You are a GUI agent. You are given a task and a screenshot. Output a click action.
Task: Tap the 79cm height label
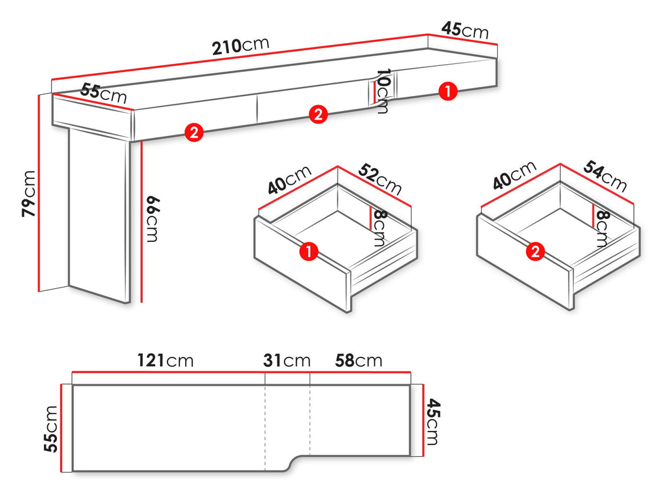[x=29, y=193]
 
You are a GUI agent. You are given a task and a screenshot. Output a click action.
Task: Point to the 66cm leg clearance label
[x=152, y=219]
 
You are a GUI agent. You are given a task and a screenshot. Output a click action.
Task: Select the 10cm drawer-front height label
[x=382, y=92]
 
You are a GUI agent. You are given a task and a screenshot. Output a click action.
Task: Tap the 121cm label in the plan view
[x=165, y=361]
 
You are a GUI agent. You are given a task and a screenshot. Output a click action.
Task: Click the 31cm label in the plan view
[x=287, y=361]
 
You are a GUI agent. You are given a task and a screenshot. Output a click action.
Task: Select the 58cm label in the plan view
[x=359, y=361]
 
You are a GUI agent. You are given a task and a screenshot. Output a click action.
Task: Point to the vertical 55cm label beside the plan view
[x=50, y=429]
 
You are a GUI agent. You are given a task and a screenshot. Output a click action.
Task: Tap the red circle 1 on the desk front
[x=448, y=92]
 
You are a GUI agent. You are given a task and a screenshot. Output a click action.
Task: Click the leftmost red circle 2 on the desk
[x=194, y=132]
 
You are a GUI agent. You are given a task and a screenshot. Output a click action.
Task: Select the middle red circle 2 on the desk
[x=318, y=114]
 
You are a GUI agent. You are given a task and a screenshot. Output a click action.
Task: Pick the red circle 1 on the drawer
[x=309, y=251]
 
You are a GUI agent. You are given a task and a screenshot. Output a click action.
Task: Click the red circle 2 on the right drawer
[x=535, y=251]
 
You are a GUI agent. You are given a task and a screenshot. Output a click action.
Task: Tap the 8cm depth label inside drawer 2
[x=601, y=229]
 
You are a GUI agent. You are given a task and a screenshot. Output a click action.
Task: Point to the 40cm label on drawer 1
[x=290, y=180]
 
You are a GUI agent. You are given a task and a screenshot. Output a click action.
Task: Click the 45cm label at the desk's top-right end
[x=465, y=30]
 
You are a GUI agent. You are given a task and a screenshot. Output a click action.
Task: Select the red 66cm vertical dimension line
[x=141, y=222]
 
